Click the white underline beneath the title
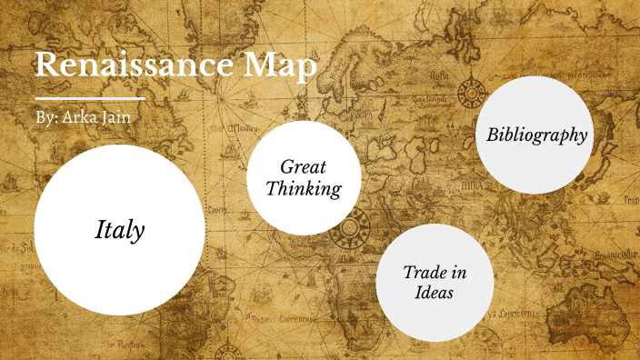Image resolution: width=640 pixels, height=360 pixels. pos(89,97)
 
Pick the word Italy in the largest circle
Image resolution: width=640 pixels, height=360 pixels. pos(119,231)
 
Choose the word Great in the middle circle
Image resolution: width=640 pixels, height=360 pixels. pos(303,167)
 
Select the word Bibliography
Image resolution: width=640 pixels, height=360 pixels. pos(536,135)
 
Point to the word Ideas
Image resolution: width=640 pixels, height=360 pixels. pos(435,293)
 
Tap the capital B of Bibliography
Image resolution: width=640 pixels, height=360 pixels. pos(493,135)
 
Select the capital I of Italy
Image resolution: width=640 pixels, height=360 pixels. pos(100,231)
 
